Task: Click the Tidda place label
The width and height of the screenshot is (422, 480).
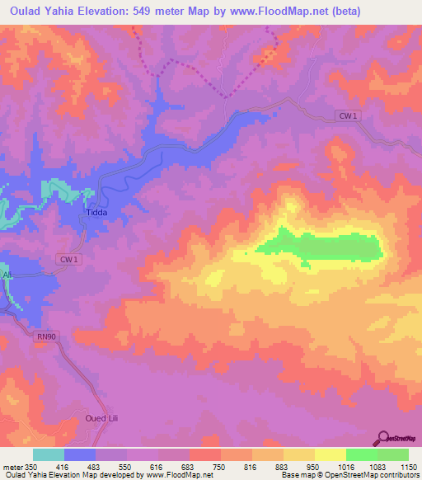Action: [97, 212]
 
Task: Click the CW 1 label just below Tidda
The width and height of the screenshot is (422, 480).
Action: [68, 260]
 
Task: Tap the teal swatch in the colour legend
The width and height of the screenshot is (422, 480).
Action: [49, 454]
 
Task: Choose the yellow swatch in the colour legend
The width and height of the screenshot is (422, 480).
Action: [330, 454]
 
